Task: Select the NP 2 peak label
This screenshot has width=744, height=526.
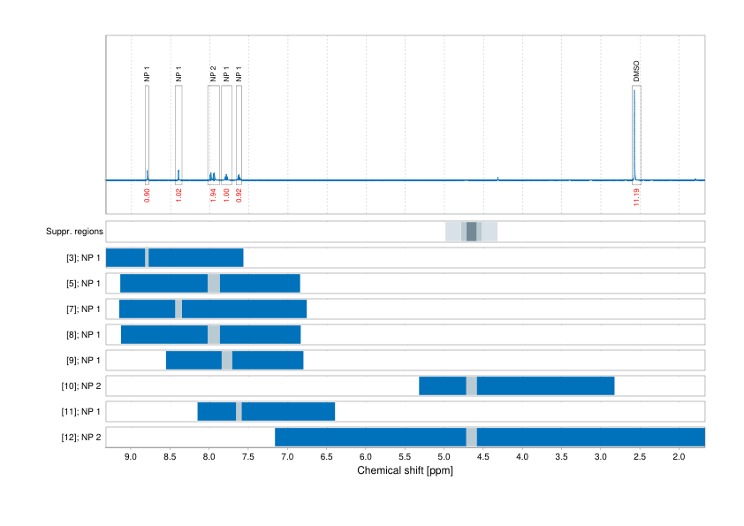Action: tap(213, 73)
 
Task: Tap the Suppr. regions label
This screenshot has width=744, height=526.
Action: tap(74, 233)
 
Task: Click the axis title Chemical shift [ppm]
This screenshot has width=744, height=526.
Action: tap(405, 471)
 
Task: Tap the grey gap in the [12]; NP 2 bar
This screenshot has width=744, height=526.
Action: tap(471, 438)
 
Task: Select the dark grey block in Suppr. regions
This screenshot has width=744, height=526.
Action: tap(471, 232)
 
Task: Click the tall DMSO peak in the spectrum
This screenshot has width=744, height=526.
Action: tap(634, 133)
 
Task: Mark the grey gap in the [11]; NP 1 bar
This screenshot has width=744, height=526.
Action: tap(239, 412)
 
